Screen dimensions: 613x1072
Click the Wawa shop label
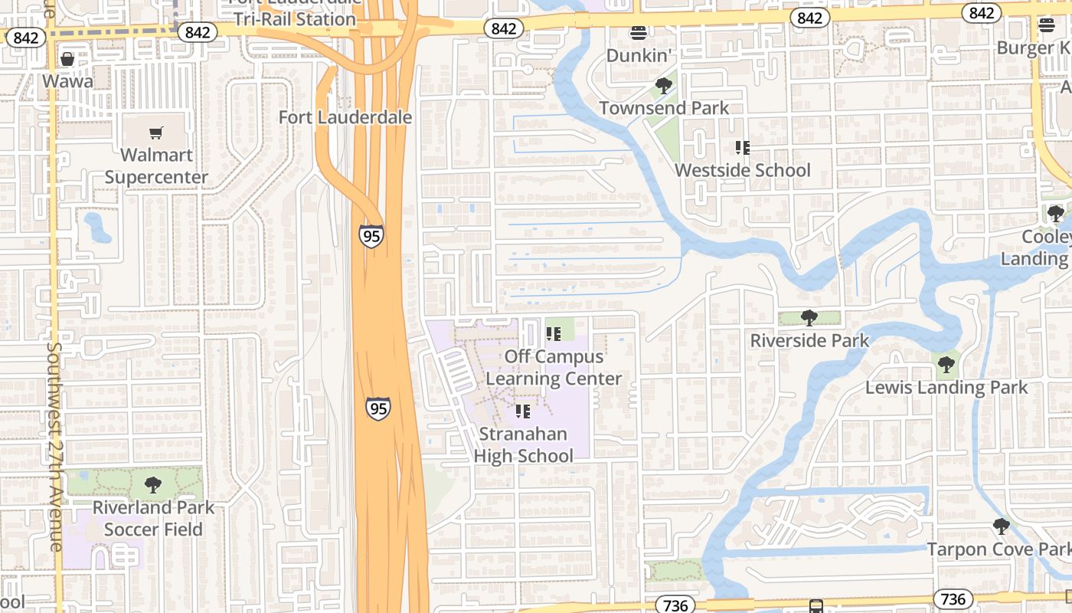(x=67, y=81)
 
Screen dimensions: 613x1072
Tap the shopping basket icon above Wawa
(x=67, y=59)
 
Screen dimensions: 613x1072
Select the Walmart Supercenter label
(x=156, y=166)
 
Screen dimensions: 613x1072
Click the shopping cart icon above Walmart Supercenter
(x=156, y=133)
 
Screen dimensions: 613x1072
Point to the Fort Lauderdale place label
(x=345, y=117)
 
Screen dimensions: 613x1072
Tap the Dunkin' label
(x=639, y=55)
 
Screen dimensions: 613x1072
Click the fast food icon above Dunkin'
(x=639, y=32)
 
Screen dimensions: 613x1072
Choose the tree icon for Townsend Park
(x=664, y=86)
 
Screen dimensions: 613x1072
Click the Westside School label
(x=742, y=170)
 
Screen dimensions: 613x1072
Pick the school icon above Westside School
(x=742, y=147)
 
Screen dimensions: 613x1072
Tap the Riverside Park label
(x=809, y=340)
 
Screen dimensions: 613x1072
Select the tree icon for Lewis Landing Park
(x=946, y=364)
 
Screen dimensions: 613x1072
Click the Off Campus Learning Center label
(x=554, y=368)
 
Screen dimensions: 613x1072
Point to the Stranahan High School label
(x=523, y=444)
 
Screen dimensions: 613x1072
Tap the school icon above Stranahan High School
(x=523, y=411)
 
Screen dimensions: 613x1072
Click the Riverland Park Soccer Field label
(x=153, y=518)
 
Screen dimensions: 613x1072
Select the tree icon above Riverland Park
(x=153, y=484)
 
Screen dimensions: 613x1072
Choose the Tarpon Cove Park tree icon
(x=1001, y=526)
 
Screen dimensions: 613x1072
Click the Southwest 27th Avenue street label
(x=54, y=444)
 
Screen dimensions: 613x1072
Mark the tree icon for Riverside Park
(x=809, y=318)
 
